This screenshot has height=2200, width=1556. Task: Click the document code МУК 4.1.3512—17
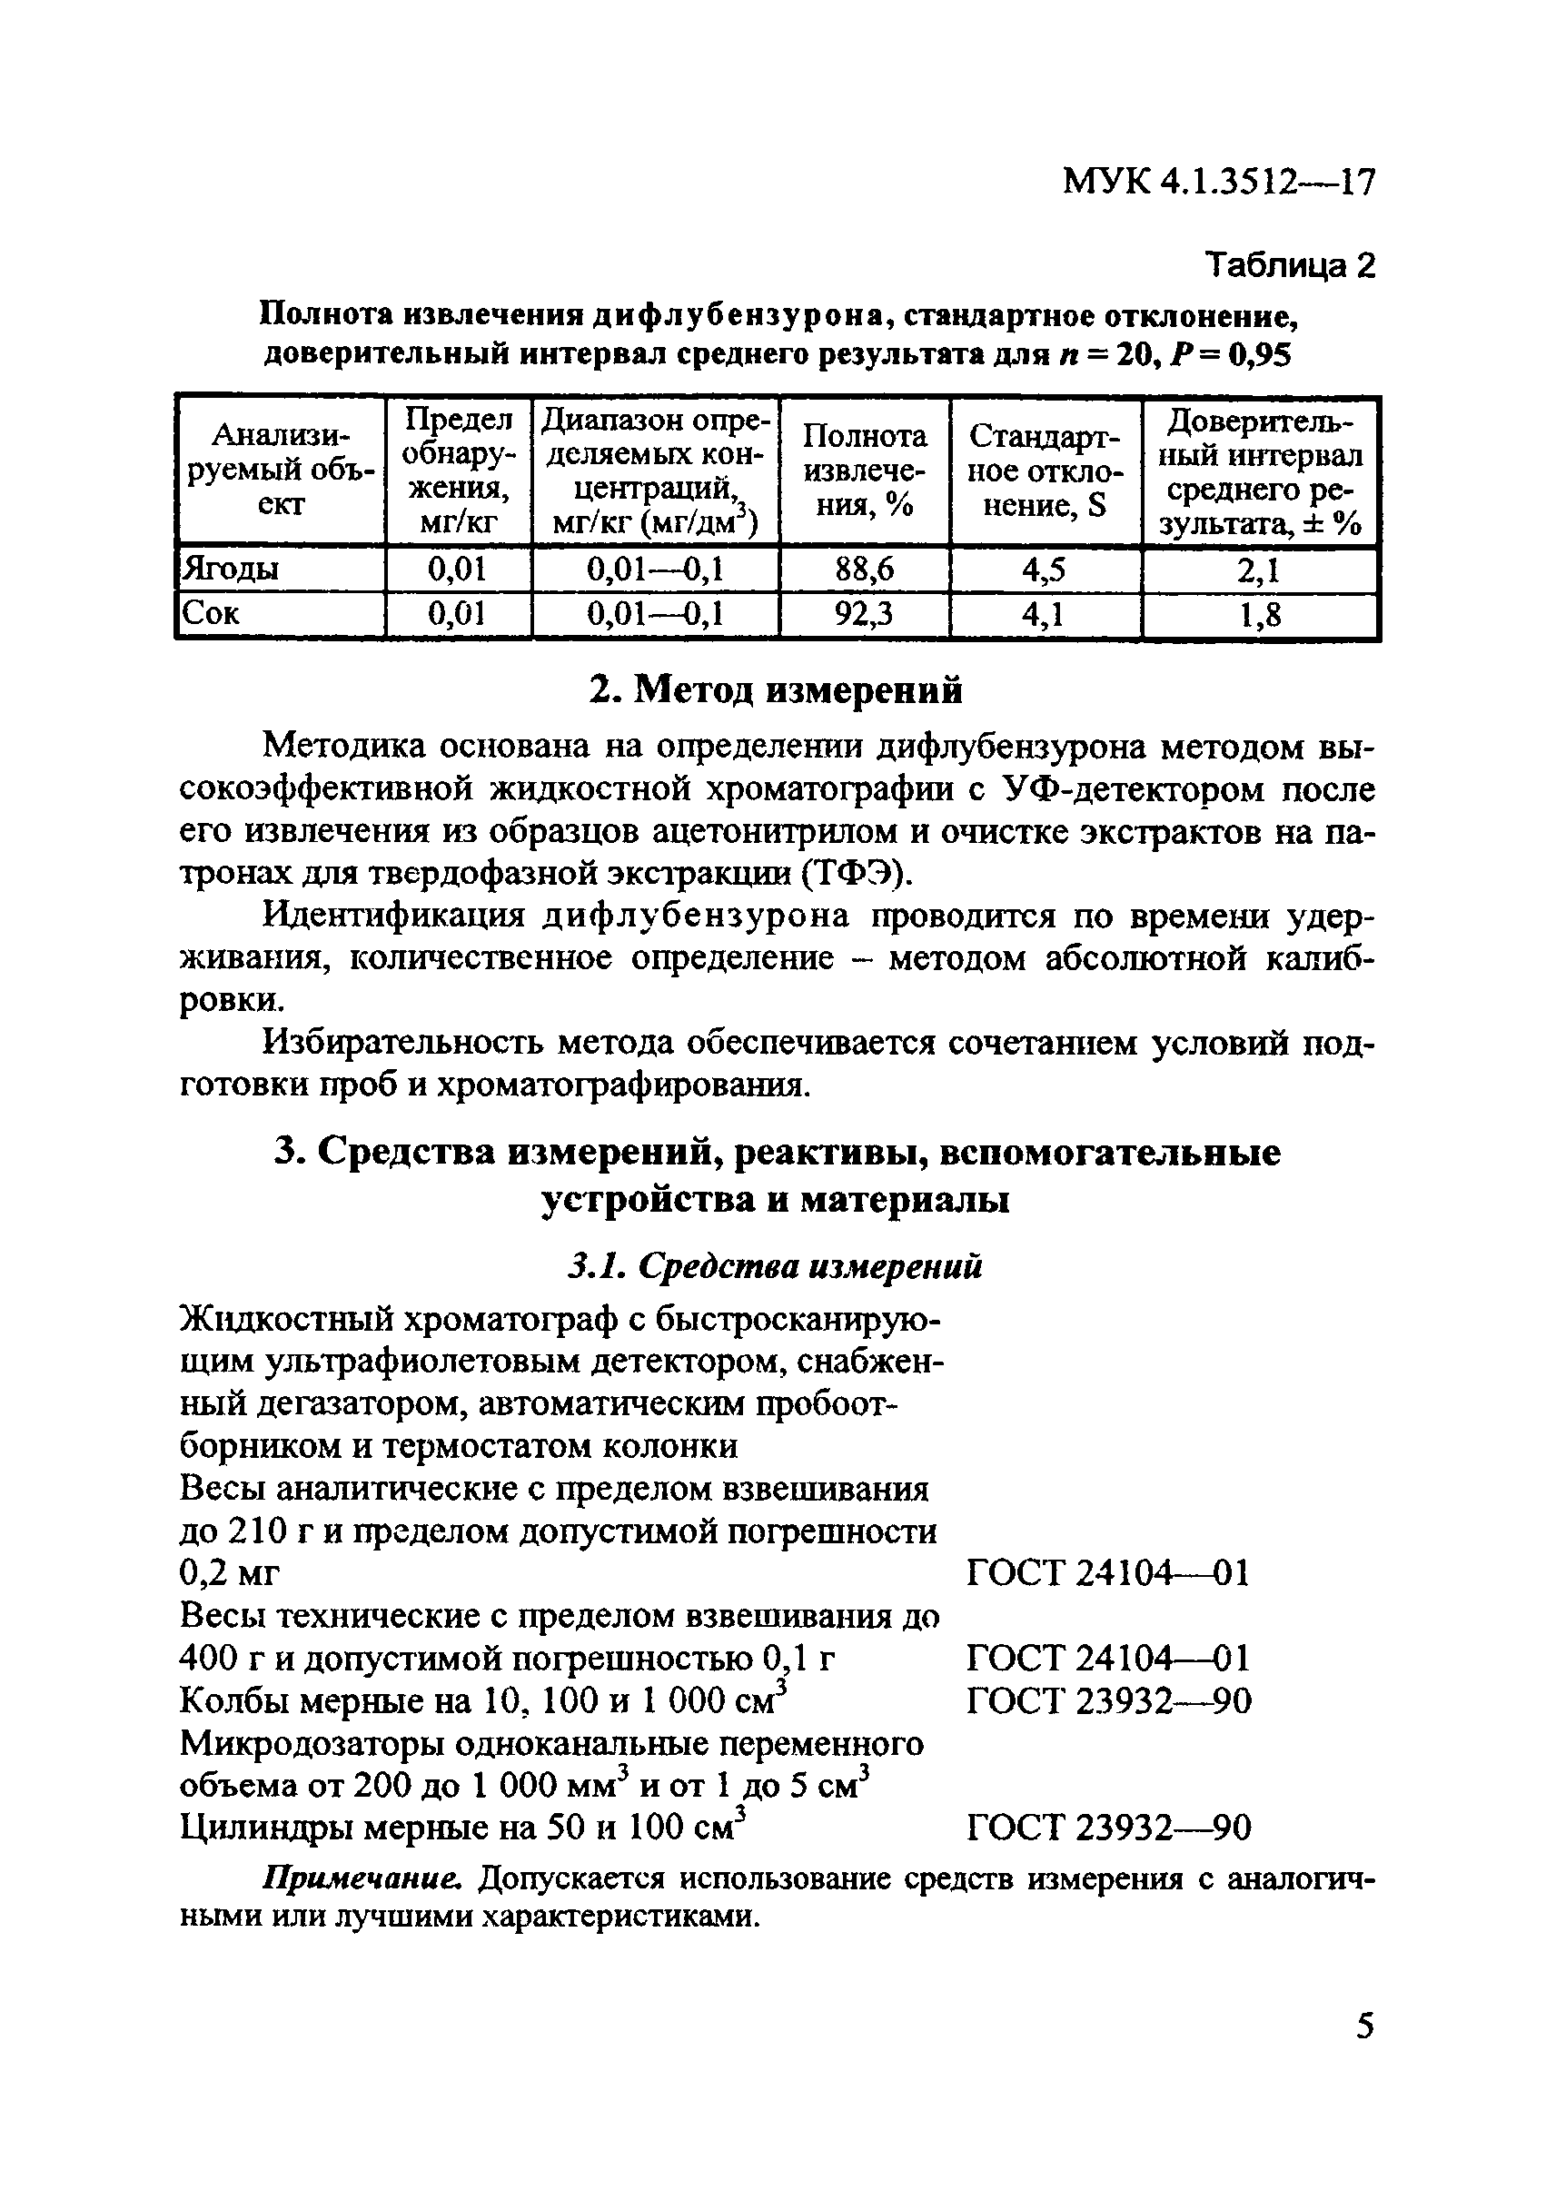[x=1219, y=181]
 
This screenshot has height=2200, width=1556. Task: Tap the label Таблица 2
[x=1289, y=264]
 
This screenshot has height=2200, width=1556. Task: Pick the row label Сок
[x=211, y=613]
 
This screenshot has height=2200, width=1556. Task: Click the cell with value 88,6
[x=864, y=570]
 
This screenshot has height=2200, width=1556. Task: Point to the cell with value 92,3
[x=864, y=613]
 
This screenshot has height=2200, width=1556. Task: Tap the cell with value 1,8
[x=1260, y=613]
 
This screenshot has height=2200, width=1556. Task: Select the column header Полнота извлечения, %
[x=864, y=470]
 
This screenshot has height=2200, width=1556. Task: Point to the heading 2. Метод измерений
[x=775, y=690]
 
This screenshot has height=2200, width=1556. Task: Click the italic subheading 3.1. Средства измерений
[x=775, y=1267]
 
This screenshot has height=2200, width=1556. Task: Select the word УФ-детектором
[x=1134, y=789]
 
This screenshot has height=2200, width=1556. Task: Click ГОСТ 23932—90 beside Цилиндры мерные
[x=1108, y=1828]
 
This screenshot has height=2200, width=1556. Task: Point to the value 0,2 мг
[x=229, y=1573]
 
